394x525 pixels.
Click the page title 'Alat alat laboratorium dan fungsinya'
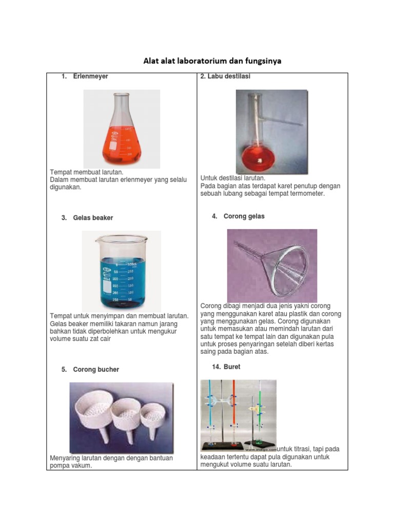(x=212, y=62)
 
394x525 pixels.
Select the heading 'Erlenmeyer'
(x=90, y=76)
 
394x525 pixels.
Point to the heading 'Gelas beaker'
(x=93, y=218)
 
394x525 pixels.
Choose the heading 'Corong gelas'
(x=244, y=216)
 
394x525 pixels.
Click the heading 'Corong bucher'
(x=96, y=370)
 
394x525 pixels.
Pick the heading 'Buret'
(x=232, y=367)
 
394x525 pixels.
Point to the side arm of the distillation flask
(x=285, y=121)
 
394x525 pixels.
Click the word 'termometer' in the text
(x=305, y=194)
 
